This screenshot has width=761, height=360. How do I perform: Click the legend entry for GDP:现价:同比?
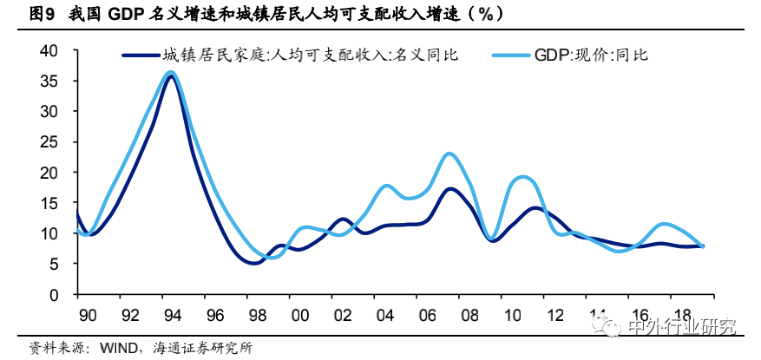[x=591, y=56]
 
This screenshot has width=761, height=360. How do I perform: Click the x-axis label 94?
[x=172, y=312]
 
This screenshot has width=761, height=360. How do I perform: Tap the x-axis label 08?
[x=469, y=312]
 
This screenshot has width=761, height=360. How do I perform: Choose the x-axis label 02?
[x=341, y=312]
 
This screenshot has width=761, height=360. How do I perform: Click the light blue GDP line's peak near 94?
[x=170, y=73]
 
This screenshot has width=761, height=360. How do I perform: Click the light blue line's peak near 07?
[x=449, y=154]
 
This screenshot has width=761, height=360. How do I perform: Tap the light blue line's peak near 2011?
[x=523, y=177]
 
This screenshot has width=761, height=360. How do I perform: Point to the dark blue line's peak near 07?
[x=449, y=188]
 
